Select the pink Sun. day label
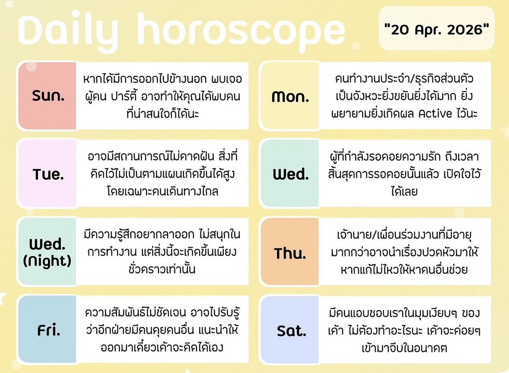point(48,96)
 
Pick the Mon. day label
point(290,96)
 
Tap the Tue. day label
point(48,174)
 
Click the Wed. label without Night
point(290,174)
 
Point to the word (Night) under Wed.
point(48,261)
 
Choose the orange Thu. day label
point(290,253)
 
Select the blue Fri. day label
point(48,331)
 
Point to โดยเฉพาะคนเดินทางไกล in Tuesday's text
point(162,191)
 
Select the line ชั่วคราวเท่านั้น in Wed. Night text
point(162,269)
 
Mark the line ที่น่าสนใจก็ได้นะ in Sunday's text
point(162,113)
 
